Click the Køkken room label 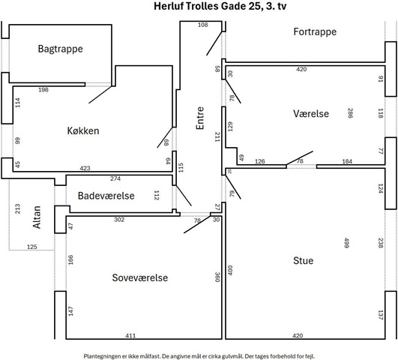pyautogui.click(x=83, y=130)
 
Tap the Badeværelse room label pyautogui.click(x=106, y=196)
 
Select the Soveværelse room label pyautogui.click(x=140, y=277)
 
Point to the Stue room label pyautogui.click(x=303, y=261)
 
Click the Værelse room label pyautogui.click(x=311, y=113)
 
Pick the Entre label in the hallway pyautogui.click(x=200, y=118)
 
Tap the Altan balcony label pyautogui.click(x=37, y=217)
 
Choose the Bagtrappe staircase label pyautogui.click(x=61, y=49)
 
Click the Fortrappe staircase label pyautogui.click(x=315, y=31)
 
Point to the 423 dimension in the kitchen pyautogui.click(x=85, y=168)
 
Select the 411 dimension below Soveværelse pyautogui.click(x=130, y=335)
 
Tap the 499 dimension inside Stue pyautogui.click(x=346, y=243)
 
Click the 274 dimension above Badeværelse pyautogui.click(x=115, y=178)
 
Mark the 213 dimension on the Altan pyautogui.click(x=17, y=208)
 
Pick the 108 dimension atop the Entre pyautogui.click(x=203, y=25)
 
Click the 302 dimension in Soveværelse pyautogui.click(x=119, y=220)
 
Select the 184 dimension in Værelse pyautogui.click(x=347, y=161)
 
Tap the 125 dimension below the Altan pyautogui.click(x=32, y=247)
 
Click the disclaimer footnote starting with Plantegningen pyautogui.click(x=199, y=356)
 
